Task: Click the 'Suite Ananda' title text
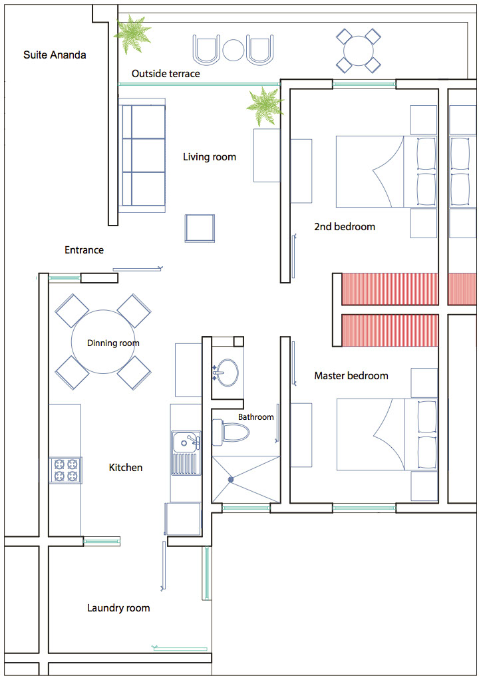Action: point(55,55)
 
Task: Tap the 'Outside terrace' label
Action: point(166,74)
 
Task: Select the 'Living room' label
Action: point(210,157)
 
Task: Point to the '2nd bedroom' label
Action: point(345,226)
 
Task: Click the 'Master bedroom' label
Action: point(351,375)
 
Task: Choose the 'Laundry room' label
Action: point(118,608)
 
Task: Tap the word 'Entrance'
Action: point(84,250)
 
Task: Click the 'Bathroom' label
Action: point(256,417)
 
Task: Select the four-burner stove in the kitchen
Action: point(65,470)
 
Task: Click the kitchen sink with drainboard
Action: point(186,452)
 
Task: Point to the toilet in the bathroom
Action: point(230,432)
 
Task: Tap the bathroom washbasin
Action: point(226,372)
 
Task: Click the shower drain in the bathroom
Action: point(231,479)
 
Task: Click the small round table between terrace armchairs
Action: point(234,51)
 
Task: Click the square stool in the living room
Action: point(200,228)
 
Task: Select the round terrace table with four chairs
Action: point(359,51)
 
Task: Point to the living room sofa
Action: point(142,155)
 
